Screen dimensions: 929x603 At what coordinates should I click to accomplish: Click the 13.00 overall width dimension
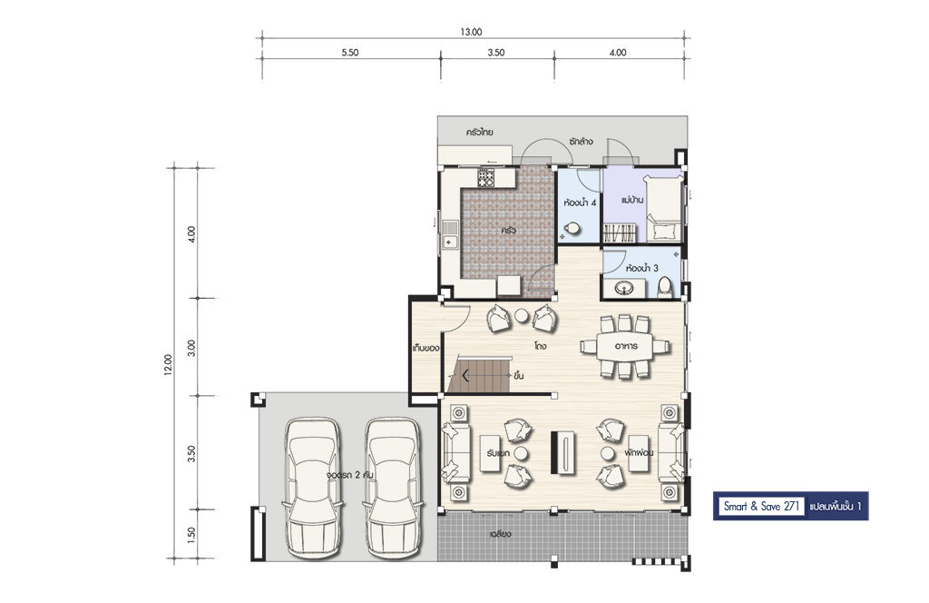[x=471, y=32]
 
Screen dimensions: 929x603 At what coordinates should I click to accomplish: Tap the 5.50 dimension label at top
[x=350, y=52]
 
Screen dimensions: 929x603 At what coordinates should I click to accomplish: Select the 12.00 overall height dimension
[x=168, y=365]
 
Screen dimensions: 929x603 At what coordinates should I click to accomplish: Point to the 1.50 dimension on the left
[x=191, y=535]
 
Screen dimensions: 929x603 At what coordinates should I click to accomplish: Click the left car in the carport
[x=312, y=488]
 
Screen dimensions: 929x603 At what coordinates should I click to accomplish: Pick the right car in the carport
[x=394, y=488]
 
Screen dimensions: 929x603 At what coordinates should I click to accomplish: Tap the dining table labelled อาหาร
[x=625, y=346]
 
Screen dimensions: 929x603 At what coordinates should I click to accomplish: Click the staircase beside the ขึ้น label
[x=479, y=374]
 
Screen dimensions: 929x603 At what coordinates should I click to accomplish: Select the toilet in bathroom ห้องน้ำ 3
[x=665, y=288]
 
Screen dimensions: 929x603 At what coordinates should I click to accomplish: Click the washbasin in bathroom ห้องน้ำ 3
[x=624, y=288]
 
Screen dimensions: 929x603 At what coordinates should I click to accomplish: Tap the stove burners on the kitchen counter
[x=486, y=177]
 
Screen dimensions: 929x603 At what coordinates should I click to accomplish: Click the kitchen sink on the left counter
[x=450, y=235]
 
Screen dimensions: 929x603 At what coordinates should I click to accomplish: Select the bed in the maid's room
[x=663, y=210]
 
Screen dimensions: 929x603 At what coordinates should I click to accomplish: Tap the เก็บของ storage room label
[x=426, y=348]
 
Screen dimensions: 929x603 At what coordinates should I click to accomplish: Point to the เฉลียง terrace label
[x=500, y=534]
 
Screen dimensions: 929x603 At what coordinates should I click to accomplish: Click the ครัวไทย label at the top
[x=479, y=133]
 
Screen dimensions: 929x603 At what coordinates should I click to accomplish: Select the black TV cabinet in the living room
[x=562, y=452]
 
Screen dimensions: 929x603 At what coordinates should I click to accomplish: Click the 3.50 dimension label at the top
[x=496, y=52]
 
